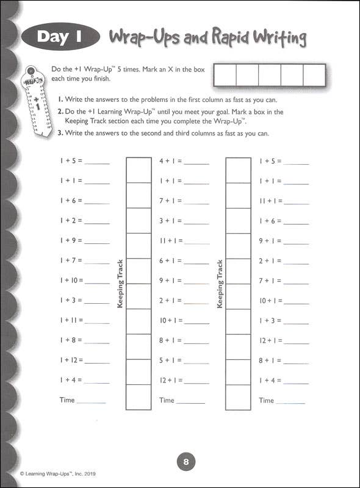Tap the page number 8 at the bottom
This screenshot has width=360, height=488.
point(185,462)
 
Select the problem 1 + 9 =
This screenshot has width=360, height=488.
point(71,240)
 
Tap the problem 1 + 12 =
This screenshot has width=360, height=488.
point(71,360)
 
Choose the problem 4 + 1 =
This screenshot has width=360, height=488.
point(170,162)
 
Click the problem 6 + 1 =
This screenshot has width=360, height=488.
point(170,260)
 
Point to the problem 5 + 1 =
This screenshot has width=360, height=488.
point(170,360)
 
